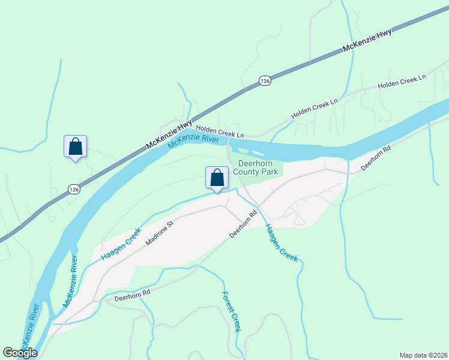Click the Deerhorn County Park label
(x=259, y=167)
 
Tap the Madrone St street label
(x=158, y=233)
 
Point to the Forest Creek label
(x=231, y=312)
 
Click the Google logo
(x=20, y=353)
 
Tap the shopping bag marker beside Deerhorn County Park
(x=217, y=178)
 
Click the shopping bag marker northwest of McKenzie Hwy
(x=75, y=147)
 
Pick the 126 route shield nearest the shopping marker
(x=73, y=189)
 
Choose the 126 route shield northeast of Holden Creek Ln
(x=265, y=80)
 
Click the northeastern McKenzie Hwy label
(x=367, y=41)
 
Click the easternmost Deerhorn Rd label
(x=376, y=158)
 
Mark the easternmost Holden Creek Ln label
(x=401, y=82)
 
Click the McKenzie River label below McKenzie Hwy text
(x=194, y=142)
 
